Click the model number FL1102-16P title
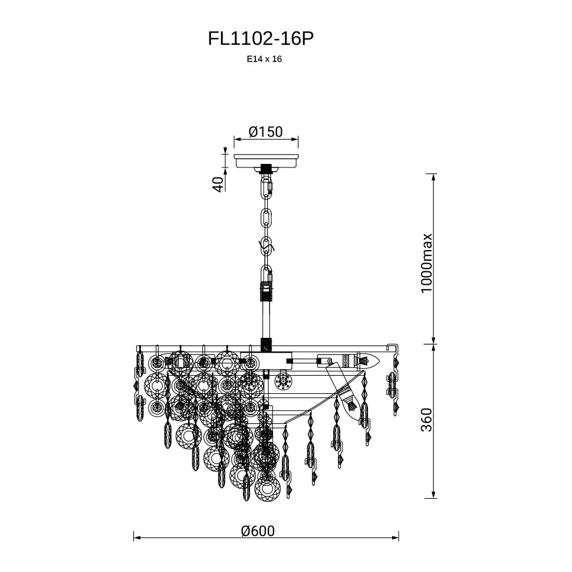pos(261,39)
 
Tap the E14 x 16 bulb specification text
pos(265,59)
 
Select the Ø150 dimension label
pos(265,132)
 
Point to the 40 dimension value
pos(218,184)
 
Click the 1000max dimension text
pos(426,263)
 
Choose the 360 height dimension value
pos(426,419)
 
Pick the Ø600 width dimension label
pos(258,531)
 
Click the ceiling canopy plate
pos(266,161)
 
